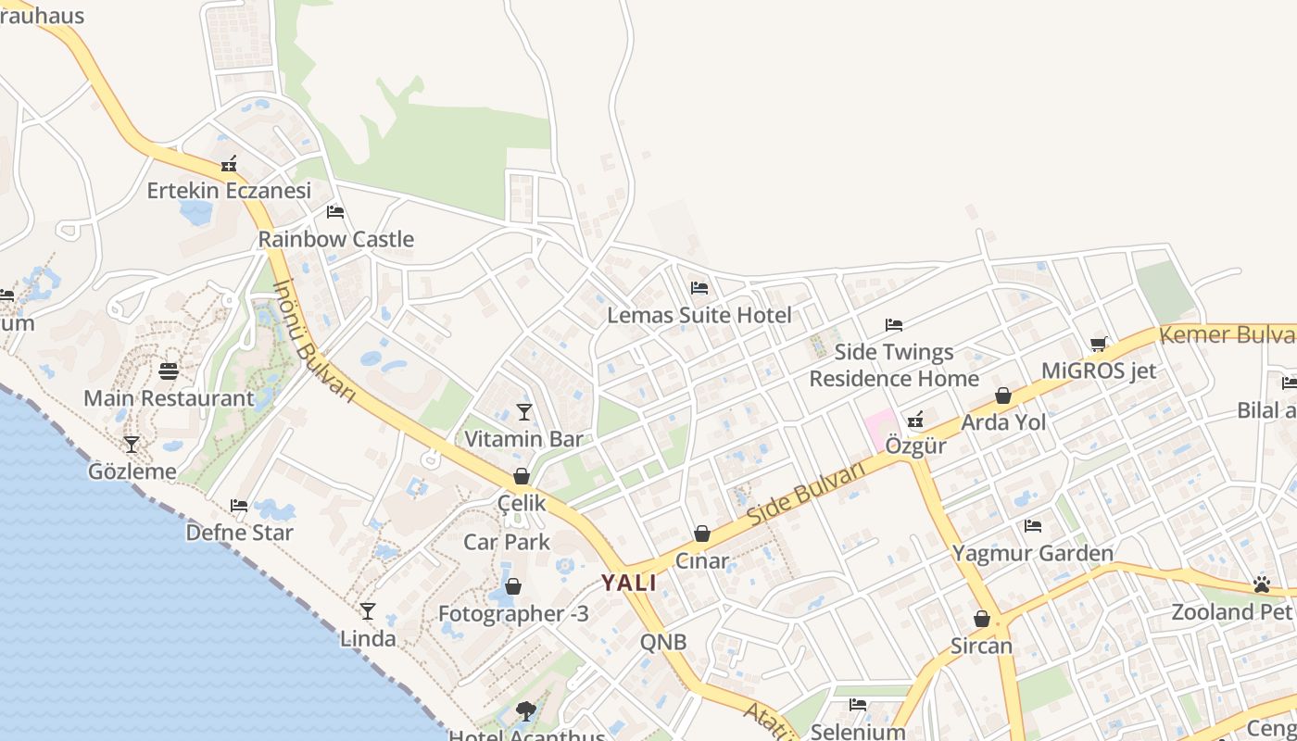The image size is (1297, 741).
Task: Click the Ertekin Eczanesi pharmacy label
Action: point(229,191)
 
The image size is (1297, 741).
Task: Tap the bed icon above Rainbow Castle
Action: point(335,212)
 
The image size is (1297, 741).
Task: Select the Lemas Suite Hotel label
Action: point(699,315)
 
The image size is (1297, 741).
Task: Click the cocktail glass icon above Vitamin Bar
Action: point(524,411)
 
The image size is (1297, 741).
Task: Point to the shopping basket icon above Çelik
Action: point(522,476)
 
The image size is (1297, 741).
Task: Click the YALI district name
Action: point(629,583)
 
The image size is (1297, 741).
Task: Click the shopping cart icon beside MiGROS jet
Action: point(1099,345)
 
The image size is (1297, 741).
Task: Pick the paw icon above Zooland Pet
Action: point(1262,584)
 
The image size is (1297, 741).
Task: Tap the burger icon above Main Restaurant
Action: point(169,371)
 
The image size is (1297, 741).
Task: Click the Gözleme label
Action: point(132,471)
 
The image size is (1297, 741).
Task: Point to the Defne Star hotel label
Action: point(240,533)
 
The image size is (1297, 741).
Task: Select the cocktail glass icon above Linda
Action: point(368,610)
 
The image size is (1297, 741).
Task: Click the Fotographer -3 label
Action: point(513,613)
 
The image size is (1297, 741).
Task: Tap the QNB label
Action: point(663,641)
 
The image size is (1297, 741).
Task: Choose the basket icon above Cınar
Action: point(702,534)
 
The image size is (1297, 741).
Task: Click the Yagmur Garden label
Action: point(1033,554)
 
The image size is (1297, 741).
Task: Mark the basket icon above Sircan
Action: point(982,619)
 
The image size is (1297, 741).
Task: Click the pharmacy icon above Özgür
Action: point(915,420)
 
